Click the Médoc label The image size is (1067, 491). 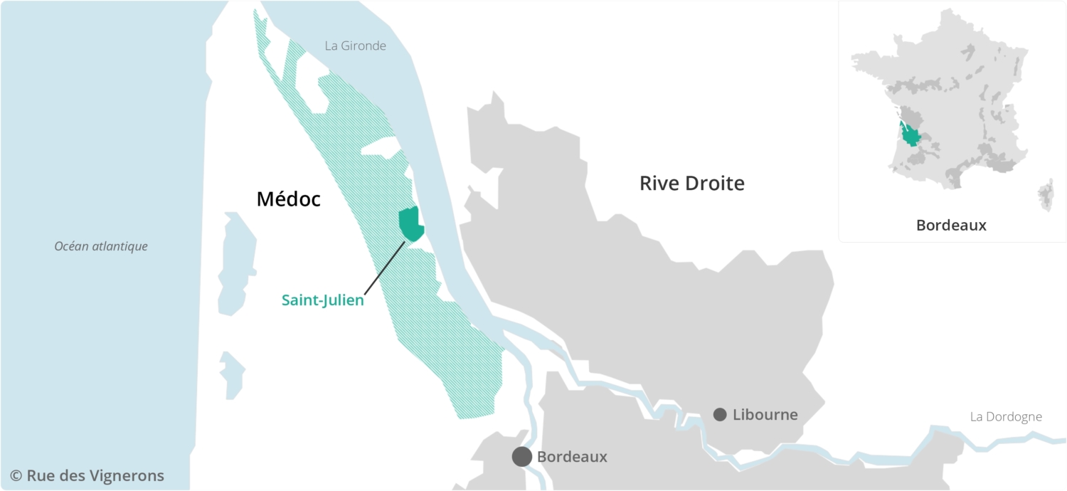click(x=288, y=199)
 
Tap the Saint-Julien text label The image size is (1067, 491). click(x=322, y=300)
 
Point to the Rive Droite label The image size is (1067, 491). click(x=691, y=184)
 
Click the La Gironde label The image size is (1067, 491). click(x=355, y=46)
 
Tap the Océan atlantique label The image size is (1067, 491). click(x=101, y=246)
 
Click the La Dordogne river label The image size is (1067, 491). click(x=1005, y=417)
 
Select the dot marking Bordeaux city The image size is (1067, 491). click(x=522, y=457)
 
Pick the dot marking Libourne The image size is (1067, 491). click(x=720, y=414)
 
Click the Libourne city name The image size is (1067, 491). click(x=765, y=414)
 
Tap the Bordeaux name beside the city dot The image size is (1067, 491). click(x=572, y=457)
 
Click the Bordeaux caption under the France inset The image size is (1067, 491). click(x=951, y=226)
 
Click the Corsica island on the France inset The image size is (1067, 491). click(x=1046, y=194)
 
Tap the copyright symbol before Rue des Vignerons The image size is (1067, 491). click(x=16, y=475)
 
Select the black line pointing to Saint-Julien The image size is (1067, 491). click(x=385, y=267)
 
